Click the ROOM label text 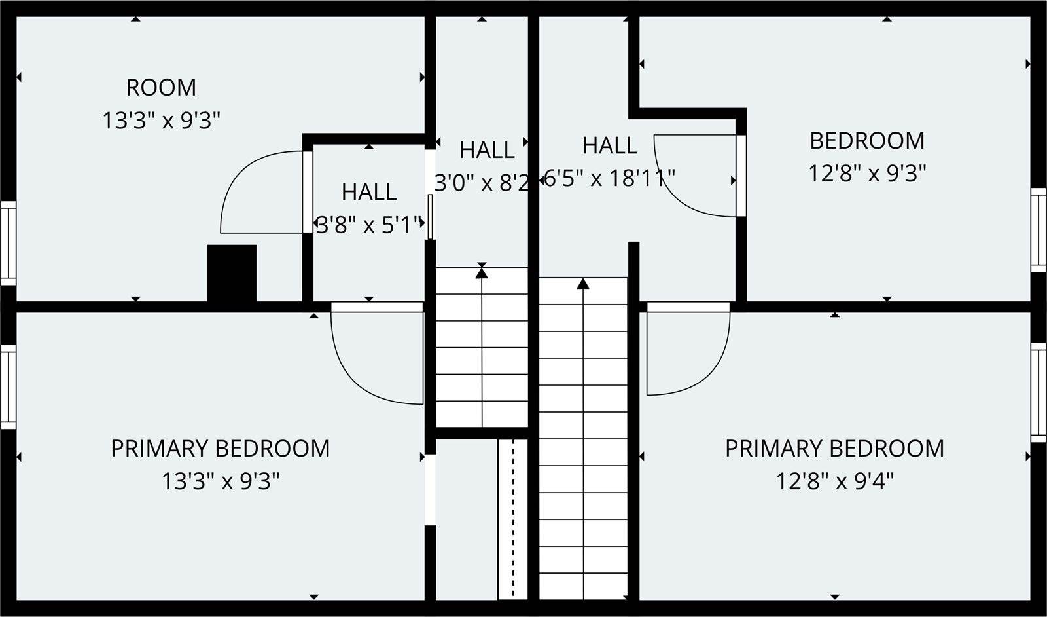pyautogui.click(x=161, y=88)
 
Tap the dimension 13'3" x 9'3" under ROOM pyautogui.click(x=161, y=121)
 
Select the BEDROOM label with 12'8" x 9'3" pyautogui.click(x=867, y=141)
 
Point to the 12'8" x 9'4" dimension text pyautogui.click(x=835, y=481)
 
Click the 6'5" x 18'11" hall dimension pyautogui.click(x=609, y=178)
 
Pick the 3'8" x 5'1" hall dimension pyautogui.click(x=370, y=225)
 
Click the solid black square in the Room pyautogui.click(x=232, y=273)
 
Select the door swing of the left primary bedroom pyautogui.click(x=355, y=384)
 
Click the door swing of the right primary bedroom pyautogui.click(x=711, y=374)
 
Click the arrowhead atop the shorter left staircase pyautogui.click(x=482, y=272)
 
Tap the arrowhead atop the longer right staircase pyautogui.click(x=583, y=284)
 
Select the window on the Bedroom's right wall pyautogui.click(x=1038, y=230)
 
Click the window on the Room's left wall pyautogui.click(x=8, y=243)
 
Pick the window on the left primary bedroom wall pyautogui.click(x=8, y=387)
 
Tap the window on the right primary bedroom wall pyautogui.click(x=1038, y=392)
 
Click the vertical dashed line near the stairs pyautogui.click(x=513, y=519)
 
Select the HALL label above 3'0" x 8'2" pyautogui.click(x=487, y=150)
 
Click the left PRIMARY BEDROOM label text pyautogui.click(x=220, y=449)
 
